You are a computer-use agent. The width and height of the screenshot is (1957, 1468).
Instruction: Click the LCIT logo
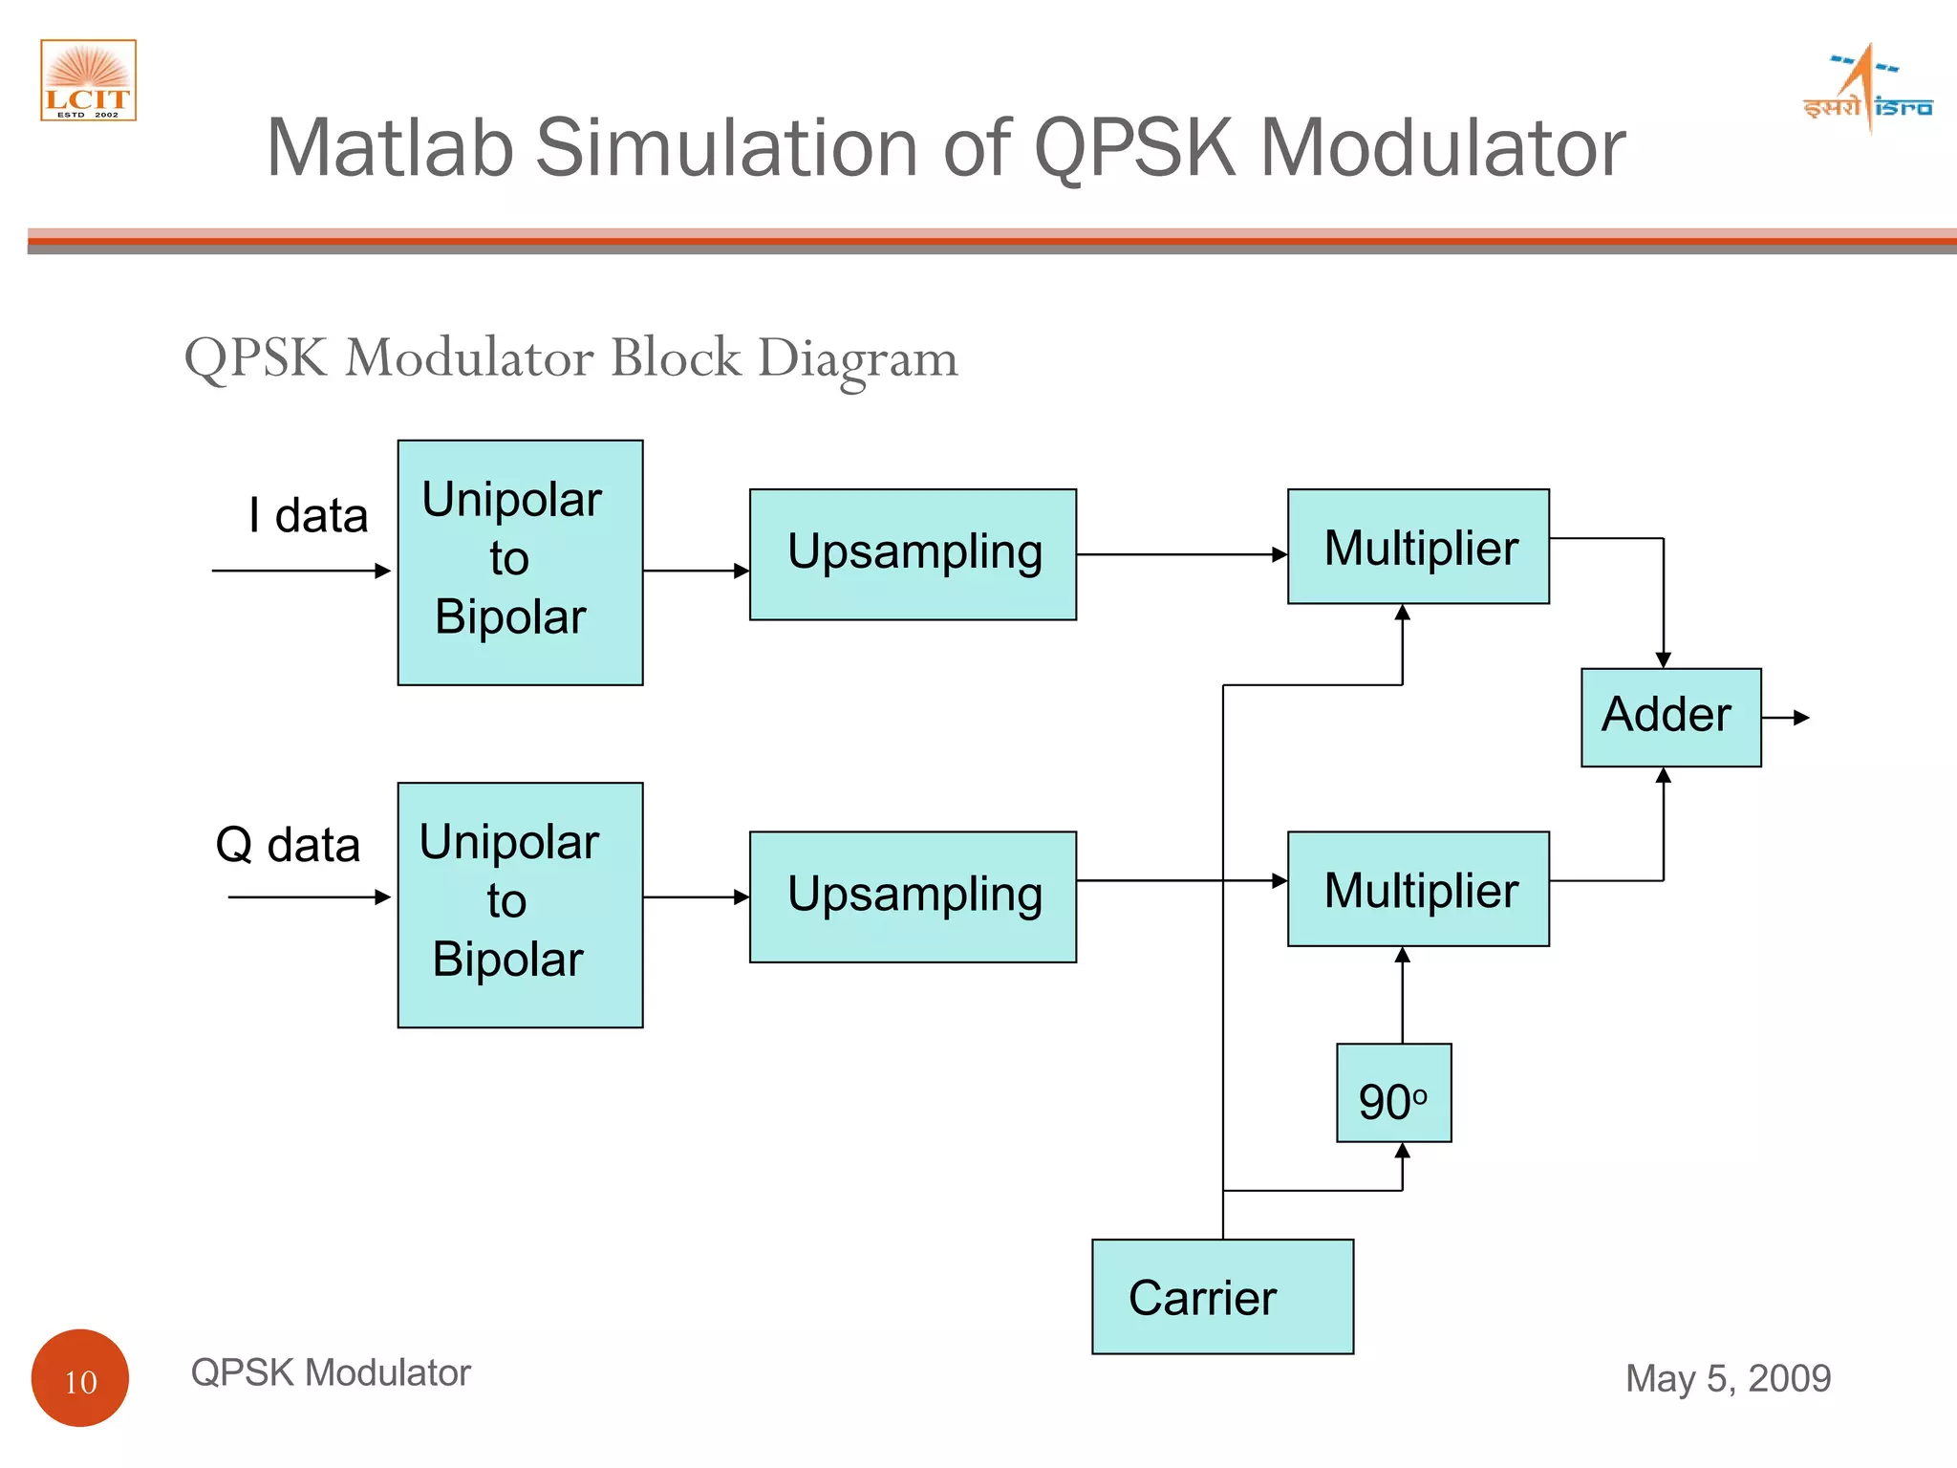tap(88, 80)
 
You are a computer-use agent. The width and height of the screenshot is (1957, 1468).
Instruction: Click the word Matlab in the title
tap(389, 148)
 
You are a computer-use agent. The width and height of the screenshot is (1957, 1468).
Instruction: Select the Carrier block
tap(1222, 1296)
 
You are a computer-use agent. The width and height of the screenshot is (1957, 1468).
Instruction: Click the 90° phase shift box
tap(1393, 1092)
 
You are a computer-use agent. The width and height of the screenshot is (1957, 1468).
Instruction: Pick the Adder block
tap(1669, 717)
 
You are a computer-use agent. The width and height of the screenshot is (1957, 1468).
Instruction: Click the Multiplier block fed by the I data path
tap(1418, 547)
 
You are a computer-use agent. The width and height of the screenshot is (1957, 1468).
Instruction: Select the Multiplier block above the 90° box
tap(1418, 889)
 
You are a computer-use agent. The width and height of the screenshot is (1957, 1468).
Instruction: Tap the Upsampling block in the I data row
tap(913, 554)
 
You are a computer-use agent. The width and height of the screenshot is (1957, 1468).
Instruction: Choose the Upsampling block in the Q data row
tap(913, 896)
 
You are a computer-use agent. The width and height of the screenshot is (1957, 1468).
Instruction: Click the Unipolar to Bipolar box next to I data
tap(520, 562)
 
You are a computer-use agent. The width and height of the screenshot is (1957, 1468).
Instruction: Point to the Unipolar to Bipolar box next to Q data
tap(520, 904)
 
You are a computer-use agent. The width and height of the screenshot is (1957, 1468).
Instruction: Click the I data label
tap(308, 516)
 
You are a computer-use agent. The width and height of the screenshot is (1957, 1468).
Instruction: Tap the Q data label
tap(288, 845)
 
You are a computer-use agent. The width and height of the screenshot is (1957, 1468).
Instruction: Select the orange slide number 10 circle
tap(80, 1377)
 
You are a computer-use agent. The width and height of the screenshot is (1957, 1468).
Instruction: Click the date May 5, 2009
tap(1728, 1378)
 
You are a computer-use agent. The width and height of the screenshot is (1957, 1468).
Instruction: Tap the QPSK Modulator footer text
tap(331, 1372)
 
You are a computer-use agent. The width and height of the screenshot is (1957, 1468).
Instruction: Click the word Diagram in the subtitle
tap(857, 359)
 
